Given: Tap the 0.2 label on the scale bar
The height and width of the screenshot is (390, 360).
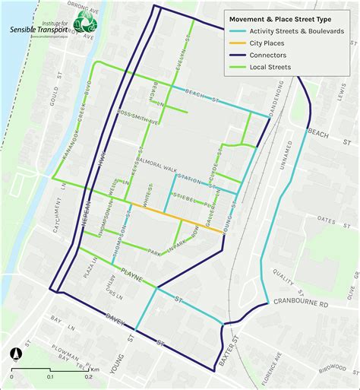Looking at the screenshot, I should pos(88,376).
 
